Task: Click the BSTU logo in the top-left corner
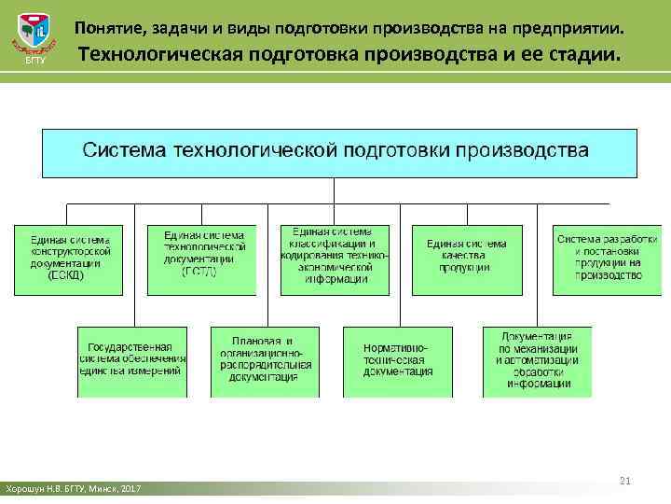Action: (x=34, y=35)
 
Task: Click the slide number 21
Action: (x=625, y=480)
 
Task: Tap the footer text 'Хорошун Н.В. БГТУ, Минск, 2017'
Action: (x=72, y=489)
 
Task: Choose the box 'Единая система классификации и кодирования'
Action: (x=335, y=259)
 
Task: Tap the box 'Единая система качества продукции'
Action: (x=466, y=259)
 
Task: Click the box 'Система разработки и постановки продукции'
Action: (x=599, y=259)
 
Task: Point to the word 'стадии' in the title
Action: (x=582, y=57)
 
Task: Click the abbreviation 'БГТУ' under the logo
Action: (x=34, y=62)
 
